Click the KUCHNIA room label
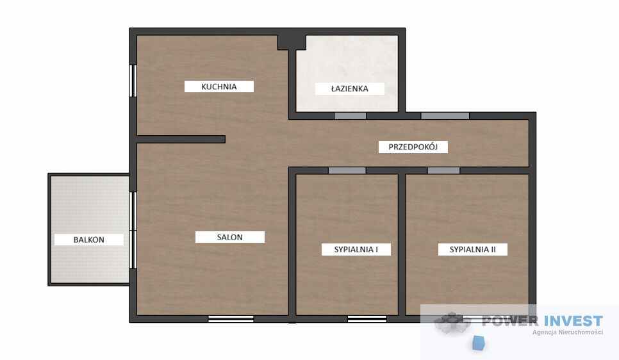219,87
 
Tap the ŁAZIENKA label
350,88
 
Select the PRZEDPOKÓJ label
413,147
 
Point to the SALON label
230,237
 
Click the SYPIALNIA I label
356,249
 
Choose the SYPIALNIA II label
472,249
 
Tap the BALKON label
89,240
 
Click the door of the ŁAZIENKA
350,116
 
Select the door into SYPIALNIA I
347,170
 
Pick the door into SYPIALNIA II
443,170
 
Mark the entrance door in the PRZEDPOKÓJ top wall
445,116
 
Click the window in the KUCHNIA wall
133,81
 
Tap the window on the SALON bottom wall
231,319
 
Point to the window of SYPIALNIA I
367,319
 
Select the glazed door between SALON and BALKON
133,231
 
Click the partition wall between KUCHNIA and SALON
181,139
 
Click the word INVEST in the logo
574,321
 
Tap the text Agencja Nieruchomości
568,332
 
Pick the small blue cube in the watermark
479,343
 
